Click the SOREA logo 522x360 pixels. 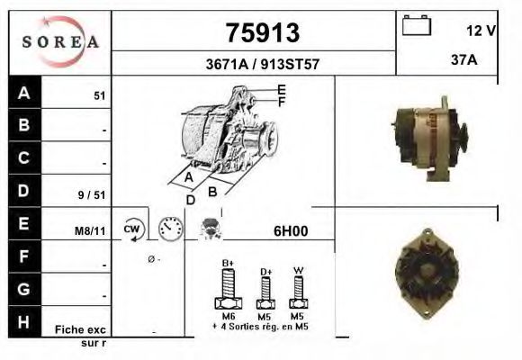(60, 41)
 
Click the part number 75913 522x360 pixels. (261, 32)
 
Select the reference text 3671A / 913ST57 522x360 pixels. (261, 65)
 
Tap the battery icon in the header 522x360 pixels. (417, 25)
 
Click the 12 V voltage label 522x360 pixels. (481, 31)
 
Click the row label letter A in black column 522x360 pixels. (24, 92)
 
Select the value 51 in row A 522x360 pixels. (99, 94)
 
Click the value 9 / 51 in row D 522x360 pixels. (94, 193)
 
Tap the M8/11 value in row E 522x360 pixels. (90, 231)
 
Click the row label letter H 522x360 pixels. (24, 321)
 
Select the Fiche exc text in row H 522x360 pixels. (80, 329)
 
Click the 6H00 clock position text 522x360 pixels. (291, 230)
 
